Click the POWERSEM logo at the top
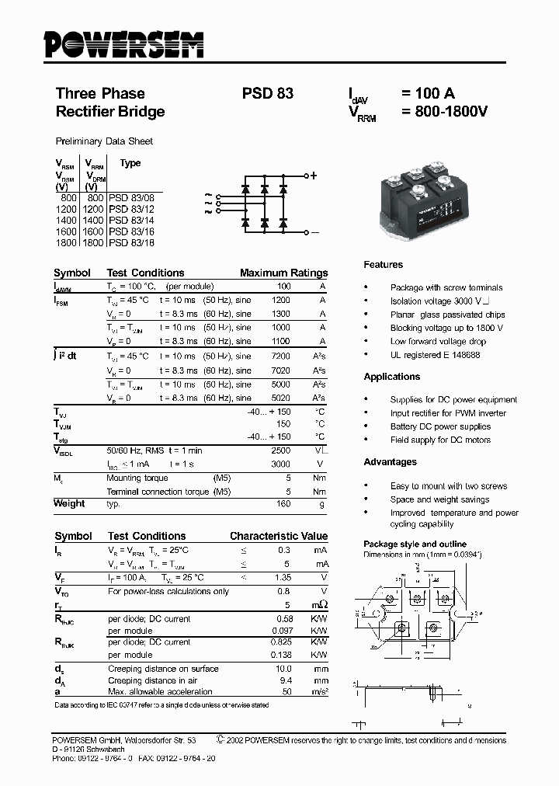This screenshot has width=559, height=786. [123, 45]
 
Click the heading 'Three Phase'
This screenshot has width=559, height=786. [100, 93]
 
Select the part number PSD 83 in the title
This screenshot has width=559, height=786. [267, 93]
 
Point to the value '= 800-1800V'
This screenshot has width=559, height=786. [444, 112]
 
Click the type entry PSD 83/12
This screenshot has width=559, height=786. [132, 210]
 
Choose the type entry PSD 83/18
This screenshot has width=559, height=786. [132, 243]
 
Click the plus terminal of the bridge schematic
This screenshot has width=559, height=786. [314, 176]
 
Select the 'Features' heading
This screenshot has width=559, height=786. [383, 265]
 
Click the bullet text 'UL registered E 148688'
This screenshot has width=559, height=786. [435, 355]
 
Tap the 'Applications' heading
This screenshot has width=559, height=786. [391, 377]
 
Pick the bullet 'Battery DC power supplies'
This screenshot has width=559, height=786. [440, 426]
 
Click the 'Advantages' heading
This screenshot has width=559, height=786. [390, 462]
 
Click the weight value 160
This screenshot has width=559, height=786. [283, 504]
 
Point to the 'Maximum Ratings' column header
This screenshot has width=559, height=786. [283, 273]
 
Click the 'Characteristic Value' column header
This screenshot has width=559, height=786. [279, 537]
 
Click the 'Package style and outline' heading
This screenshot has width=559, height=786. [415, 544]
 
